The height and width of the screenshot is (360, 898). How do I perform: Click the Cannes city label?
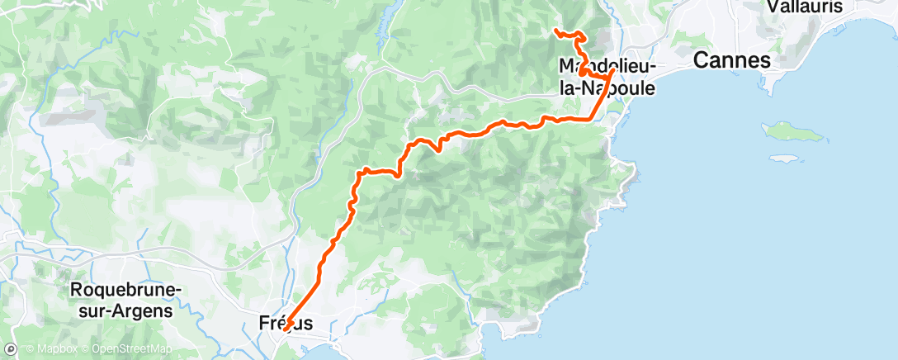pyautogui.click(x=731, y=60)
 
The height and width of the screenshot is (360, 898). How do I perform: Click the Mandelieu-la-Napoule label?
pyautogui.click(x=607, y=77)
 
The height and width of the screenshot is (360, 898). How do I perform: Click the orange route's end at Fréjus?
pyautogui.click(x=285, y=331)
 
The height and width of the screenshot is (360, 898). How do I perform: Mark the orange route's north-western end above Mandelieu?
pyautogui.click(x=555, y=31)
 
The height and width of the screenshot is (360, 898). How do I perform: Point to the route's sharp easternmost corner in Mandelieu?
pyautogui.click(x=612, y=72)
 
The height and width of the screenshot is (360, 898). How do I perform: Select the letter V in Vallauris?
pyautogui.click(x=772, y=7)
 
